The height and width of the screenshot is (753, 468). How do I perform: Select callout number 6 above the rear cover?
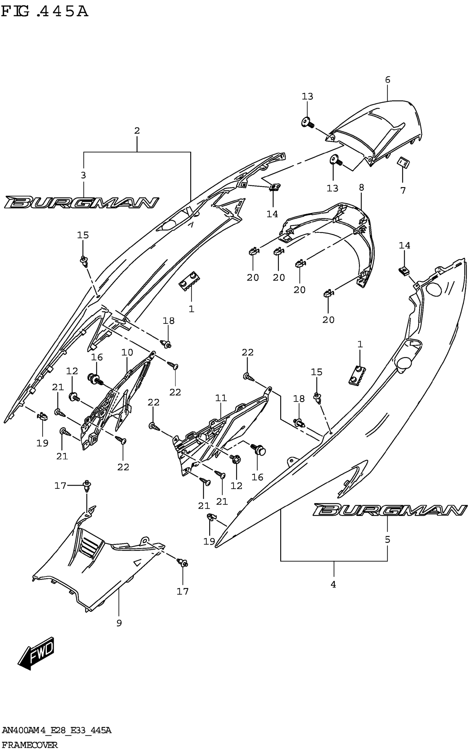click(x=388, y=80)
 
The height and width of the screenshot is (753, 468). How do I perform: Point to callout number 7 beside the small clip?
click(x=403, y=191)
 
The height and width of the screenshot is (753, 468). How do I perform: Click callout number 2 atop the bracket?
click(x=137, y=131)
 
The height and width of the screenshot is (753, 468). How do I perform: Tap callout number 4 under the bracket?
click(x=333, y=584)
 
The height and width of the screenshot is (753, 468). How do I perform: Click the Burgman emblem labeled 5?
click(x=390, y=510)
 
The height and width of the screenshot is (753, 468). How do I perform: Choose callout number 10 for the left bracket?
click(x=127, y=352)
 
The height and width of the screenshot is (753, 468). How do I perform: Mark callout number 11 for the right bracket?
click(x=221, y=398)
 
